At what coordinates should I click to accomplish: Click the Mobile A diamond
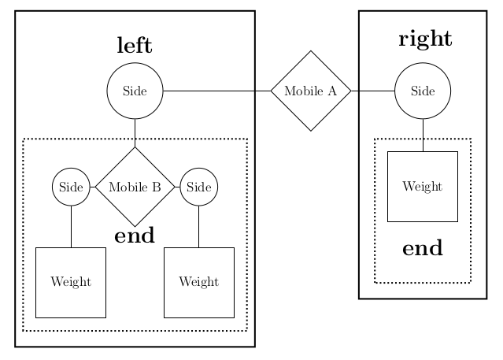[x=310, y=91]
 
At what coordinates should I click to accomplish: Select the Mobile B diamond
[x=135, y=187]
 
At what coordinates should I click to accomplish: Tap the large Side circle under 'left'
[x=135, y=91]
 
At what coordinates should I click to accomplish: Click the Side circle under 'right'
[x=423, y=91]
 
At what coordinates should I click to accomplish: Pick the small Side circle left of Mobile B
[x=71, y=187]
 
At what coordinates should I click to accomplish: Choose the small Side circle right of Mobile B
[x=199, y=187]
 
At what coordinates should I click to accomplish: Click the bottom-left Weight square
[x=71, y=282]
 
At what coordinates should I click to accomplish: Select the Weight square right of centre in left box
[x=199, y=282]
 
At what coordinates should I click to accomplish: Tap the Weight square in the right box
[x=423, y=187]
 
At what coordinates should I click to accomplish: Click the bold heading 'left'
[x=135, y=46]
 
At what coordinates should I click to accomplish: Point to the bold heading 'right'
[x=425, y=39]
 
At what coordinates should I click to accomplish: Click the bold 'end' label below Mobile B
[x=135, y=236]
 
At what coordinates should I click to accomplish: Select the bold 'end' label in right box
[x=423, y=249]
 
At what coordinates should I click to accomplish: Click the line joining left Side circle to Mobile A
[x=216, y=91]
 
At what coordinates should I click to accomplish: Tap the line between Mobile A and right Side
[x=372, y=91]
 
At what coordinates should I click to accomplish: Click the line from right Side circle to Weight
[x=423, y=135]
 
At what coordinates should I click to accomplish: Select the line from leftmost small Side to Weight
[x=71, y=227]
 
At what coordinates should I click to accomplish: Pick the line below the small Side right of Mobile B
[x=199, y=227]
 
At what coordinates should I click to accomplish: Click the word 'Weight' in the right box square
[x=423, y=187]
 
